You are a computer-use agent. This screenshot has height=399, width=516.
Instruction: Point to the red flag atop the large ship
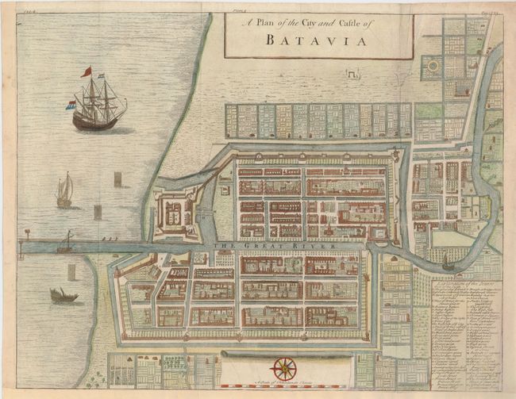coord(86,72)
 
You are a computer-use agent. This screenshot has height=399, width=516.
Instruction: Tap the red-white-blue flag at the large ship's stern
coord(71,105)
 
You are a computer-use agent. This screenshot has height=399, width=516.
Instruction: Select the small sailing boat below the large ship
coord(64,193)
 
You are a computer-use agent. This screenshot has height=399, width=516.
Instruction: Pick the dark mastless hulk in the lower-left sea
coord(64,296)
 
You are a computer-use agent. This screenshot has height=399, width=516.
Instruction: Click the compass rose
coord(283,368)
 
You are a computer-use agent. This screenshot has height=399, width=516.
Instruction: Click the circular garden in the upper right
coord(433,67)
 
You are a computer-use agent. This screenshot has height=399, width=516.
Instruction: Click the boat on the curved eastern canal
coord(449,263)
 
